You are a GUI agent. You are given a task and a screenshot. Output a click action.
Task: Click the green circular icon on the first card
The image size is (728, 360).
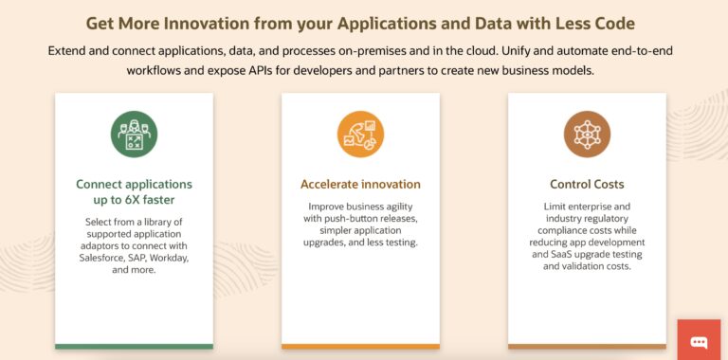(x=134, y=135)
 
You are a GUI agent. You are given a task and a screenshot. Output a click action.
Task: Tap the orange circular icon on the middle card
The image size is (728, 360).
(x=360, y=135)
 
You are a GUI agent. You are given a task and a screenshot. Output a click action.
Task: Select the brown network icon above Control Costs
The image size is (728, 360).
(x=587, y=135)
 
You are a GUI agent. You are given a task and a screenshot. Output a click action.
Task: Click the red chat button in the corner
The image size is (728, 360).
(x=700, y=340)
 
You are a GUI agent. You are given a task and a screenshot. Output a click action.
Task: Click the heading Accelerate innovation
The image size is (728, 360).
(x=360, y=184)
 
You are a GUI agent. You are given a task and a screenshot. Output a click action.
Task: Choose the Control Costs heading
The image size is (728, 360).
(x=587, y=184)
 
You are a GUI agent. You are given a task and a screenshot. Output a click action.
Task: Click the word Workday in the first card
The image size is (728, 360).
(x=169, y=258)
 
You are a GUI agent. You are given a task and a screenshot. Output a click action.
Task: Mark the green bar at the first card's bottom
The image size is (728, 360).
(x=134, y=346)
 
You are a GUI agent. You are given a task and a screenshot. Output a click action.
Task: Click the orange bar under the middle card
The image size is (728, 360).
(x=360, y=346)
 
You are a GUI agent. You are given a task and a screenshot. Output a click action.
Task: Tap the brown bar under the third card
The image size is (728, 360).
(x=587, y=346)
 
